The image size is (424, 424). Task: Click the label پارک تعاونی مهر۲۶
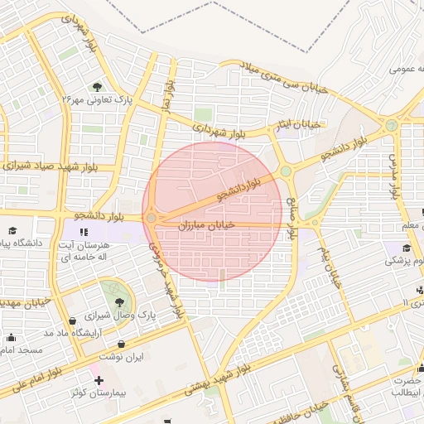pyautogui.click(x=98, y=100)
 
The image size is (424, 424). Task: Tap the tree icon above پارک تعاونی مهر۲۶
pyautogui.click(x=98, y=86)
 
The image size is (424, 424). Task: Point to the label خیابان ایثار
pyautogui.click(x=298, y=124)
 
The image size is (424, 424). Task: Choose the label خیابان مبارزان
pyautogui.click(x=206, y=224)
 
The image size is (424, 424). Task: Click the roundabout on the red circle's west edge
pyautogui.click(x=152, y=218)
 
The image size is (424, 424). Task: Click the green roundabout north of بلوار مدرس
pyautogui.click(x=391, y=125)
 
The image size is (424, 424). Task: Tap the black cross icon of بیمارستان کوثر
pyautogui.click(x=99, y=379)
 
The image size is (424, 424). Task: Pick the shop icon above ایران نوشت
pyautogui.click(x=122, y=344)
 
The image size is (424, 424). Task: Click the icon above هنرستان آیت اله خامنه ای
pyautogui.click(x=84, y=231)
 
